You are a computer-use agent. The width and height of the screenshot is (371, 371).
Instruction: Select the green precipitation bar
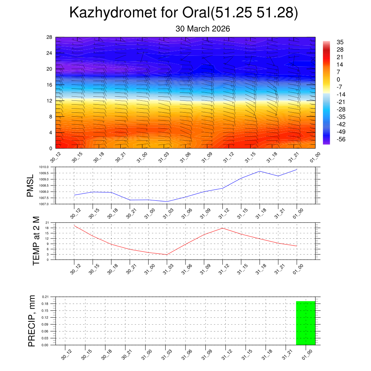pos(305,323)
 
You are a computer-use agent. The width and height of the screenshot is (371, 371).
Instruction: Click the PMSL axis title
pos(30,185)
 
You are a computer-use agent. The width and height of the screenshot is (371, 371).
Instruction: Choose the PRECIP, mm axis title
pos(32,321)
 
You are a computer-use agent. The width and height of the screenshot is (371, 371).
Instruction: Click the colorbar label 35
pos(340,42)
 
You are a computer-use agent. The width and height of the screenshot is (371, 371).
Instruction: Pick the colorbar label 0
pos(338,80)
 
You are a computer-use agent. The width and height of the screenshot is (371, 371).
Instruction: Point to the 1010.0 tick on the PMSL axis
pos(49,167)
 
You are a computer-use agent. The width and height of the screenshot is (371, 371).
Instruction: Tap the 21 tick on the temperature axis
pos(47,222)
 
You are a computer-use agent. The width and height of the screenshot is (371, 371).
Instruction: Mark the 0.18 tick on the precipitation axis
pos(45,304)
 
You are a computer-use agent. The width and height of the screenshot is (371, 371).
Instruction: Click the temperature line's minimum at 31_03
pos(167,254)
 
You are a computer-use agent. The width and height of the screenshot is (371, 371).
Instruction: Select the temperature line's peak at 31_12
pos(222,228)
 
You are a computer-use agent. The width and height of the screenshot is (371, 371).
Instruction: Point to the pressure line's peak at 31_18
pos(259,171)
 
